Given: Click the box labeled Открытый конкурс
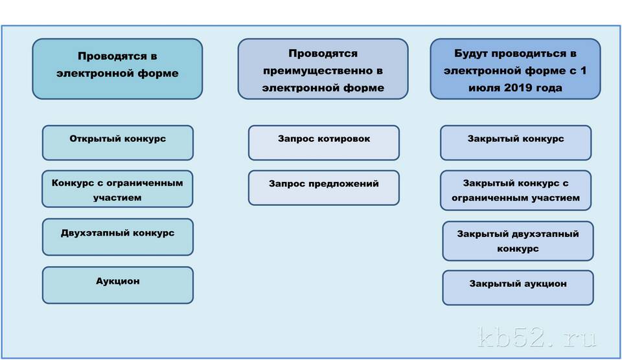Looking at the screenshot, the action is click(x=118, y=142).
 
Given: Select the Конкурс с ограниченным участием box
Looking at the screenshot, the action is click(x=117, y=188).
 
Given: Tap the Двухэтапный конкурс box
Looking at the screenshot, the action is click(x=118, y=237).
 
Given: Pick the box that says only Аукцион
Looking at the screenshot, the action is click(x=118, y=285).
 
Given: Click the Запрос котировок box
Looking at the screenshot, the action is click(x=324, y=142).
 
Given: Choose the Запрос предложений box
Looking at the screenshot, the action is click(x=324, y=188).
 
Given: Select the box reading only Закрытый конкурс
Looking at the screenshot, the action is click(x=516, y=142).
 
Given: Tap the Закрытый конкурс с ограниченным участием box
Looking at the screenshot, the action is click(x=516, y=190).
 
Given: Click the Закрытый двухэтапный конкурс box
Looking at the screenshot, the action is click(x=518, y=241).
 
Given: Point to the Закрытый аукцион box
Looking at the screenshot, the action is click(x=518, y=288).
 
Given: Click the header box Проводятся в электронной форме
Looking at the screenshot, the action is click(x=117, y=69).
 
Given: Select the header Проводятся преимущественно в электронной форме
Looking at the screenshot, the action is click(x=323, y=69).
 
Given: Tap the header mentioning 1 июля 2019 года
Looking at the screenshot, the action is click(x=515, y=69).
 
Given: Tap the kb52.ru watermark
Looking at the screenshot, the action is click(x=538, y=337).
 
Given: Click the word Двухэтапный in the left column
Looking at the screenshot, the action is click(x=95, y=234).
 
